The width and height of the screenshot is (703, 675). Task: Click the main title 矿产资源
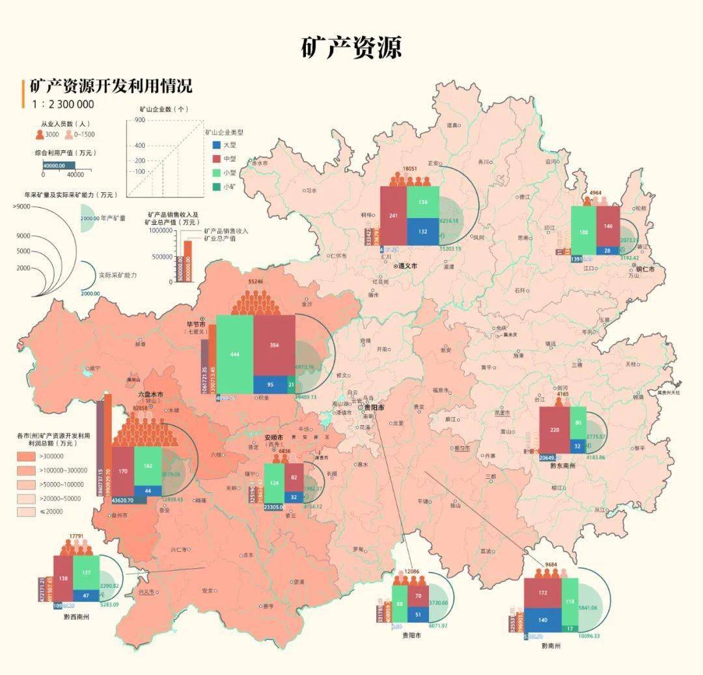351,48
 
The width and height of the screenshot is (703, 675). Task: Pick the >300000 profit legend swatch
27,456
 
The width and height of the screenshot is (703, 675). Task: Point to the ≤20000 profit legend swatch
27,512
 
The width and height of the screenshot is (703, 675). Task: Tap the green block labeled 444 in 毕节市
235,354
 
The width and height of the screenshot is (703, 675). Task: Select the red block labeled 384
274,345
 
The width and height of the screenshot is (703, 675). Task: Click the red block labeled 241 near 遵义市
393,216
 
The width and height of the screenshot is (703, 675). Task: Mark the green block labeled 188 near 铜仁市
583,231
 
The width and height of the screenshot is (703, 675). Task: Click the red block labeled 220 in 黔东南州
555,429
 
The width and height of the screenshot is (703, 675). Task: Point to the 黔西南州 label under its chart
76,616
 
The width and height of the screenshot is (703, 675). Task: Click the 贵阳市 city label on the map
374,407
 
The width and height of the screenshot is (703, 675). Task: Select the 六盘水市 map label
150,395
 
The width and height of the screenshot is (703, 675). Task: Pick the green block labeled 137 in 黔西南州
86,572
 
